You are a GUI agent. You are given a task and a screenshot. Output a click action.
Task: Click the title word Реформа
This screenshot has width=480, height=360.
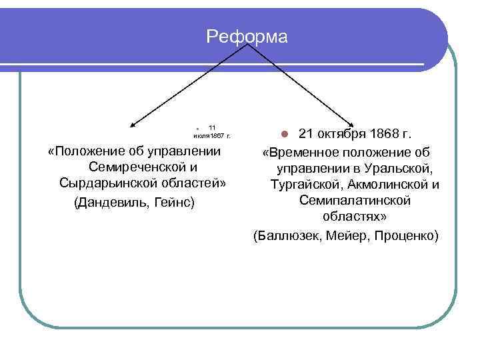point(247,37)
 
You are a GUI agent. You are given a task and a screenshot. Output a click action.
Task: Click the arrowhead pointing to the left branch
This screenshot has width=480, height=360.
point(133,124)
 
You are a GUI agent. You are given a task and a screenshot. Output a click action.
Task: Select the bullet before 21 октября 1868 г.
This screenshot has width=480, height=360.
point(283,134)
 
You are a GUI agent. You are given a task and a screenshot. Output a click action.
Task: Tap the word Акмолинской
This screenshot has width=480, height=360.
point(387,184)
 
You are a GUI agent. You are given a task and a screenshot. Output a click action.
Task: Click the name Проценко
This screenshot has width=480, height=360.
point(407,236)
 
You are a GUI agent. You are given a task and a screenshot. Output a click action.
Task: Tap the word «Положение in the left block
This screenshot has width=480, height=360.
point(86,150)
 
